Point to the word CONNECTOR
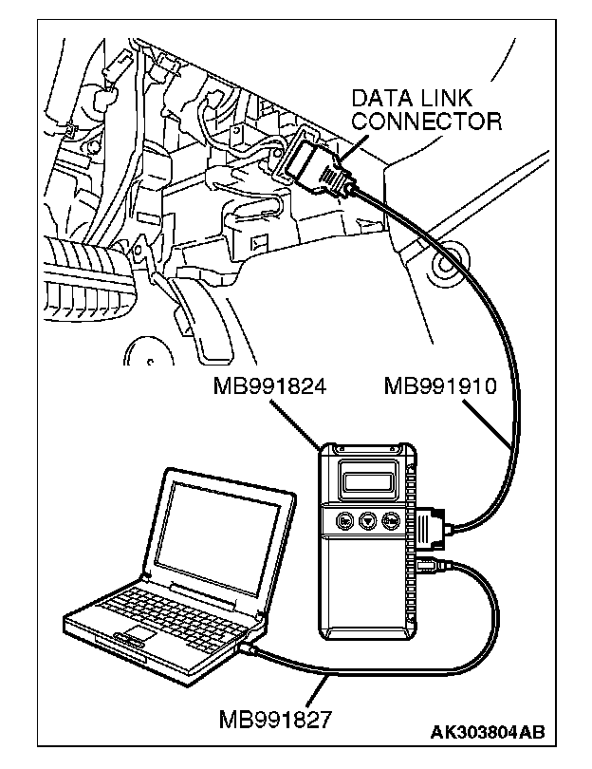click(x=426, y=121)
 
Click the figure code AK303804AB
click(x=488, y=732)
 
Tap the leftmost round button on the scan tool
click(x=342, y=521)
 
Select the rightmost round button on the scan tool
click(x=390, y=521)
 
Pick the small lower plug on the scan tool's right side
click(x=427, y=570)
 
